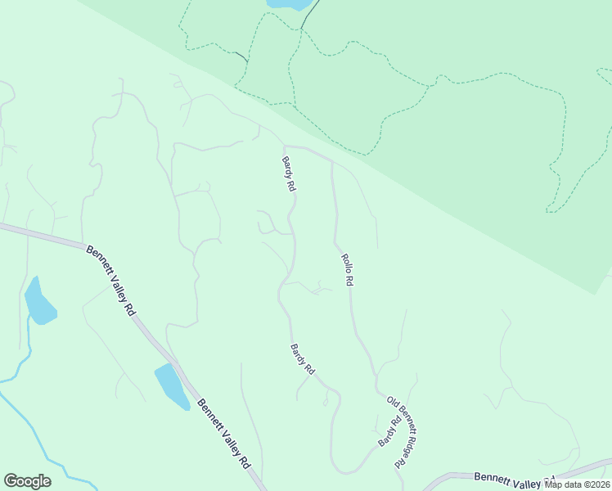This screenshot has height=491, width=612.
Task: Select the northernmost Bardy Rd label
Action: click(288, 173)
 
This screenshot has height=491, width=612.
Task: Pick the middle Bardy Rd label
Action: click(302, 359)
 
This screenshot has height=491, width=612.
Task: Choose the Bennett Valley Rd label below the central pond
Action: click(223, 432)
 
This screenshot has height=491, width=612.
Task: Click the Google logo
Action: click(27, 481)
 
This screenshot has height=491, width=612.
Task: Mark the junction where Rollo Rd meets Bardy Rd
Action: click(331, 162)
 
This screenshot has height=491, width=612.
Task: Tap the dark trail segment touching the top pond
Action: click(308, 16)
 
